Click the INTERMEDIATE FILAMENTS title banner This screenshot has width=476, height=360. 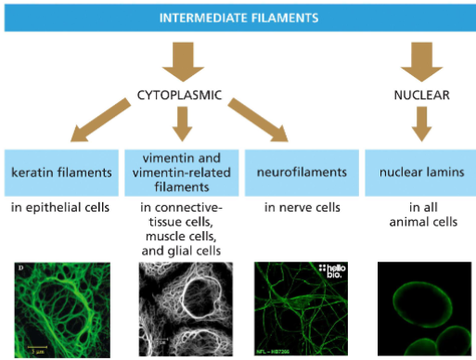pos(238,18)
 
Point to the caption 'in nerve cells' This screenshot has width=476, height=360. pos(297,206)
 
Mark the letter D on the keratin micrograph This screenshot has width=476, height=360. pos(21,269)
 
